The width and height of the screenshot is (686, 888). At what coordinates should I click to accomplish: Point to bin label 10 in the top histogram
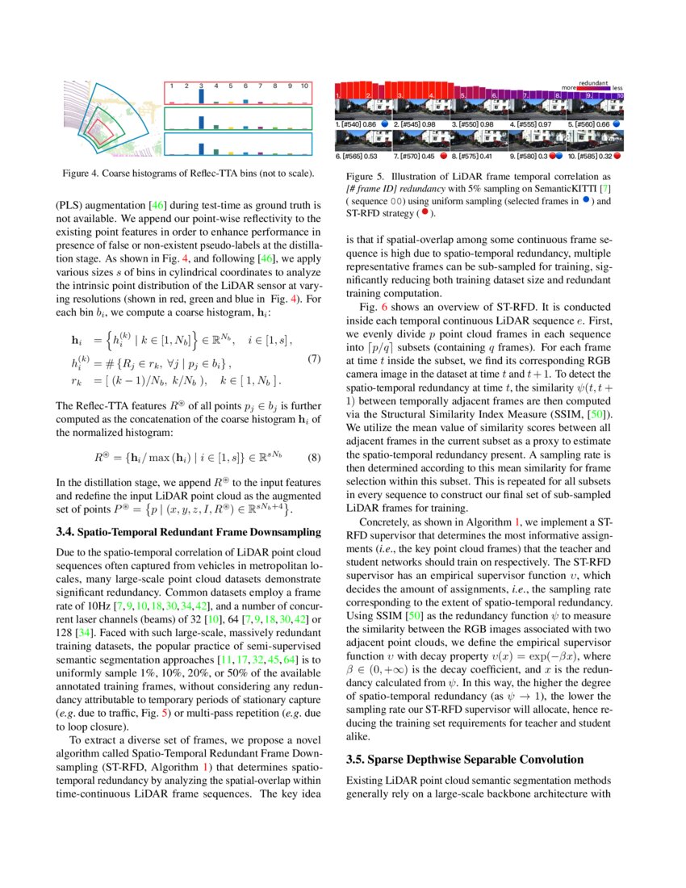(304, 85)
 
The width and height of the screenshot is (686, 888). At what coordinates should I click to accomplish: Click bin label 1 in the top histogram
(171, 85)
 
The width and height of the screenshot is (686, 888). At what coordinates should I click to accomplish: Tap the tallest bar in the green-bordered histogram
(201, 119)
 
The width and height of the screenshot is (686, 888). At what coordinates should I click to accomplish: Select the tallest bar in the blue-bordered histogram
(201, 145)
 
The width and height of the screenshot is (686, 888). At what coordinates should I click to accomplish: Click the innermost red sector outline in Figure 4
(99, 129)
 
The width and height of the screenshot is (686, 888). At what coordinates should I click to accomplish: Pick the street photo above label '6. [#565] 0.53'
(362, 140)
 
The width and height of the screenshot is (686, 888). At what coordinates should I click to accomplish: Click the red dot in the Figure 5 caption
(420, 212)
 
